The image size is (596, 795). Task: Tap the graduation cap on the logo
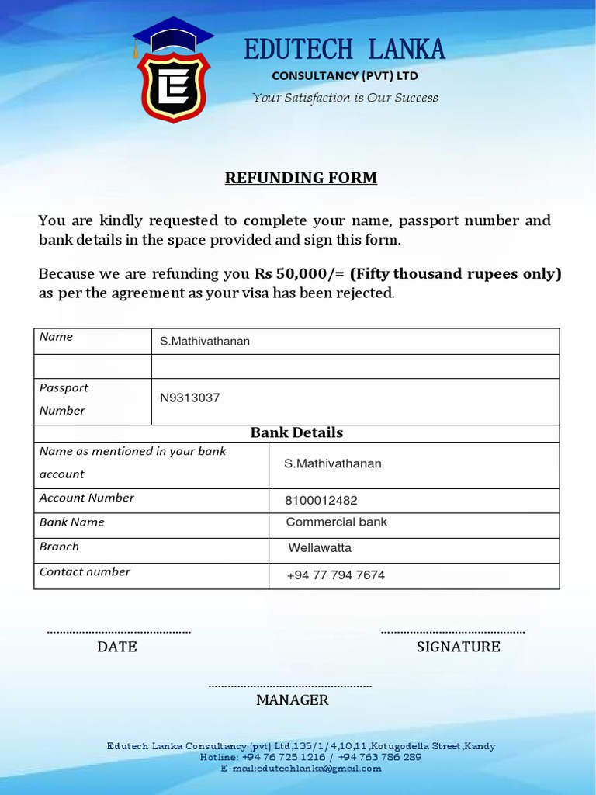click(172, 33)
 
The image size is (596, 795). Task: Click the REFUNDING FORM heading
click(301, 178)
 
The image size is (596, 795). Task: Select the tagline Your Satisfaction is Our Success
click(345, 98)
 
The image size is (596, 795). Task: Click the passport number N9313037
click(190, 398)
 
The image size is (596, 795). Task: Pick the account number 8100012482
click(321, 501)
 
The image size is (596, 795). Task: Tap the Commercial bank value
click(336, 522)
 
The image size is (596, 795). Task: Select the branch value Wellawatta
click(320, 548)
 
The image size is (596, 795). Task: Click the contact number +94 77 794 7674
click(335, 575)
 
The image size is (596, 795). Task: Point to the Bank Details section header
click(296, 433)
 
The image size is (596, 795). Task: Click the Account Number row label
click(87, 498)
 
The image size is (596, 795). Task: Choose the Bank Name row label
click(72, 522)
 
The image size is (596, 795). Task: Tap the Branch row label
click(60, 547)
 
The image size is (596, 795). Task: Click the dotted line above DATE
click(119, 632)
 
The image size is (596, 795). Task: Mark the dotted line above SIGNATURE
click(453, 632)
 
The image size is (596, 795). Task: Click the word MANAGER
click(293, 700)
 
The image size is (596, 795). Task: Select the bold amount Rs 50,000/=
click(300, 274)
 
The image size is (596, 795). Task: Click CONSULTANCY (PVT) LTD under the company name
click(345, 76)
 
